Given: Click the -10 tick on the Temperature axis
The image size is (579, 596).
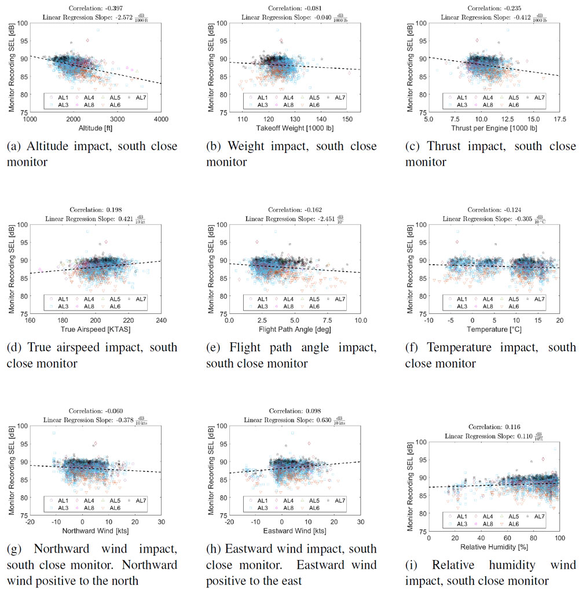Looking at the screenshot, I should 428,320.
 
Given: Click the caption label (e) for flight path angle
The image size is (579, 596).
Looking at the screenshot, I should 212,348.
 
